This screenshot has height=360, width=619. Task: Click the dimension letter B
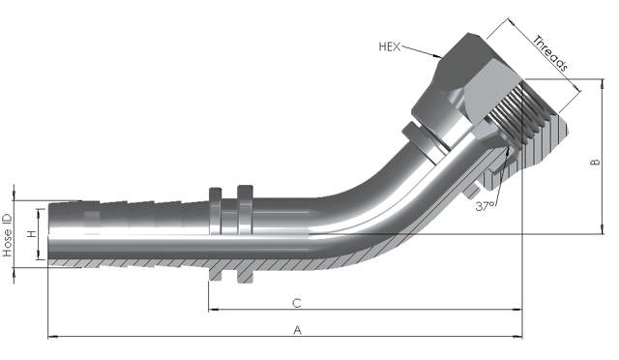pyautogui.click(x=596, y=163)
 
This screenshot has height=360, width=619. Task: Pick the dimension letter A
pyautogui.click(x=298, y=330)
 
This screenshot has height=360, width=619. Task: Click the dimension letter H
pyautogui.click(x=31, y=235)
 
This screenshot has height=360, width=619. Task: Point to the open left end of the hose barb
pyautogui.click(x=48, y=232)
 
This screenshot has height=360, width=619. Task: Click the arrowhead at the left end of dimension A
pyautogui.click(x=51, y=337)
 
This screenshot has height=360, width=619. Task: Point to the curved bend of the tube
pyautogui.click(x=358, y=208)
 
